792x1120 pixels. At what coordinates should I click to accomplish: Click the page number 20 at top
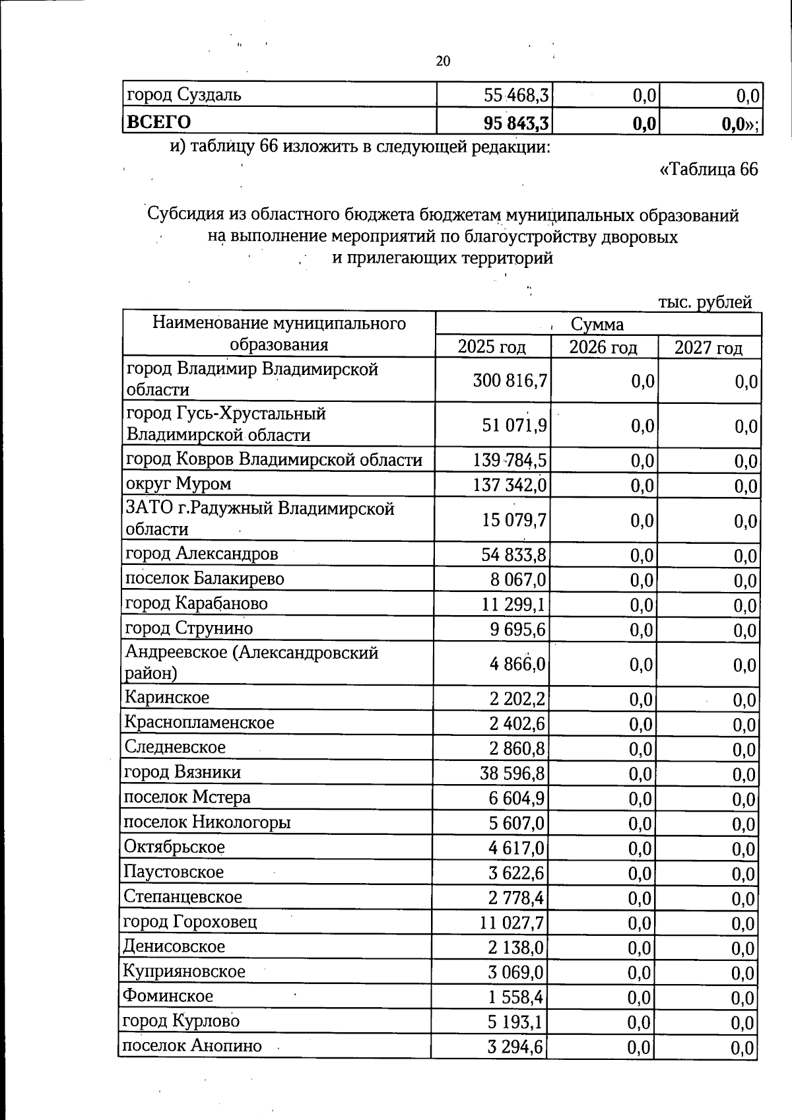point(443,61)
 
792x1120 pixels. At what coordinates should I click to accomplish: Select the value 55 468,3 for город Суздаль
point(516,95)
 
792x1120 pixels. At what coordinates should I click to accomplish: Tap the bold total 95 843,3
point(516,123)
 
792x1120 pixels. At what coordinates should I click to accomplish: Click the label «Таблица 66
point(709,170)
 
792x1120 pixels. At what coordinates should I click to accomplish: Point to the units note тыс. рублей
point(705,302)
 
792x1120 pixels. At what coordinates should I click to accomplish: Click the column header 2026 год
point(603,347)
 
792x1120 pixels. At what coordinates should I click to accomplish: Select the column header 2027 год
point(708,348)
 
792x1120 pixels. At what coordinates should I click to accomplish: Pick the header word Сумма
point(597,325)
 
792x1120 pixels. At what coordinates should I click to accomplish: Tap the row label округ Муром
point(178,484)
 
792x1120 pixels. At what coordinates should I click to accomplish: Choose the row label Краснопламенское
point(199,722)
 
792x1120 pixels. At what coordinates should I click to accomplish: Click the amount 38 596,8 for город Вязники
point(513,773)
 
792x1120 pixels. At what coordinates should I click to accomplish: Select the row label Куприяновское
point(184,972)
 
